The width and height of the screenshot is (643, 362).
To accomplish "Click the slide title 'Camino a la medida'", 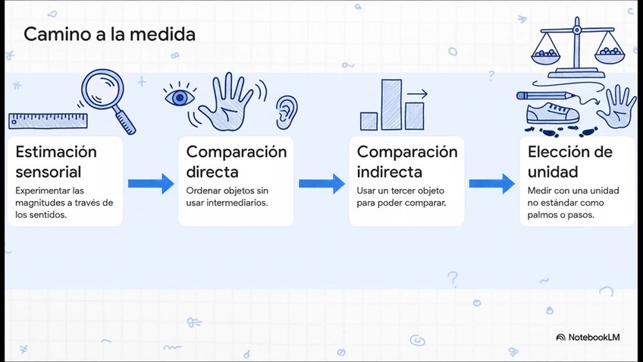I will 109,34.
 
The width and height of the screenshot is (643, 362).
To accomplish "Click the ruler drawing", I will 49,121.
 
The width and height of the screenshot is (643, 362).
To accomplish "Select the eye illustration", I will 179,98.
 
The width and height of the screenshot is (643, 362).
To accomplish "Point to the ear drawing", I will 286,111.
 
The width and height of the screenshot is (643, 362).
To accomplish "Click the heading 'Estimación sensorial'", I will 56,161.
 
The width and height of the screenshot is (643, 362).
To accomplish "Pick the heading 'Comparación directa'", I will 237,161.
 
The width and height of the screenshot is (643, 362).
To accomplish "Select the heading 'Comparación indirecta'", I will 407,161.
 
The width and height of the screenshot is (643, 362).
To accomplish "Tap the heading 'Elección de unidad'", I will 569,161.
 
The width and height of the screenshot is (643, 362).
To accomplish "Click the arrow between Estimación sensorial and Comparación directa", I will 151,184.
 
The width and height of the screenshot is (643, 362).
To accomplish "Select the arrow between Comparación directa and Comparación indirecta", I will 321,184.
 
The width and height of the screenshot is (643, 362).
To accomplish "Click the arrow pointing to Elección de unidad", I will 492,184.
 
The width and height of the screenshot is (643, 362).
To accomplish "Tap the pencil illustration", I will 544,96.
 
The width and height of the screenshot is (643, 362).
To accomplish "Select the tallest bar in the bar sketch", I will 391,104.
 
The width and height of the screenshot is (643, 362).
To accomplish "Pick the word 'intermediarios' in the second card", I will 238,203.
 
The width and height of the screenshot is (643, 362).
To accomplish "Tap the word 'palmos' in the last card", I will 544,215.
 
